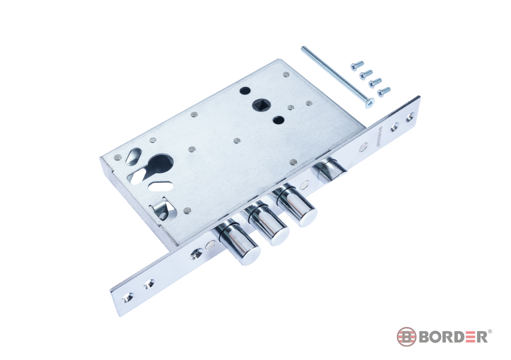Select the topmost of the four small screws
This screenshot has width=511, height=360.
(x=357, y=66)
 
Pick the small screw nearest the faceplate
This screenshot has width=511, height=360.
(x=384, y=91)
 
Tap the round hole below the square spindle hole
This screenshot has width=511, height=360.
(x=278, y=120)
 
